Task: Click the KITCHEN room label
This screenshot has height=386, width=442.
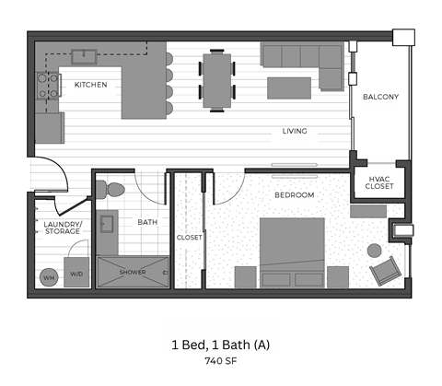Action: coord(90,85)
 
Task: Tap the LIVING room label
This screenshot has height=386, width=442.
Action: coord(294,132)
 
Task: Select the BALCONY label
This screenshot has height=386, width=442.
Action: coord(379,97)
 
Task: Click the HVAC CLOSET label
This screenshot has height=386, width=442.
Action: coord(379,182)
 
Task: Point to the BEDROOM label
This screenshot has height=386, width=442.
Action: coord(294,195)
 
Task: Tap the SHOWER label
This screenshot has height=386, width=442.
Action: coord(132,272)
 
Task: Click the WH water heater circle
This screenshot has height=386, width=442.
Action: coord(48,275)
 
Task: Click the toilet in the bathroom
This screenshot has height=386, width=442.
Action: coord(111,191)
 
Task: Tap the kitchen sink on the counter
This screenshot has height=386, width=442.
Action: coord(88,54)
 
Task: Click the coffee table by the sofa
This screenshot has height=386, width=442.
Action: coord(287,87)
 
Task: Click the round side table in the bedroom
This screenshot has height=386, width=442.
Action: coord(375,250)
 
